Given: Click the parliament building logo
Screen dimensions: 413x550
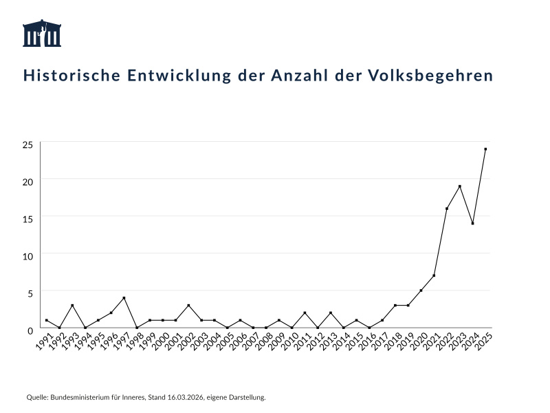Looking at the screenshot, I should tap(43, 33).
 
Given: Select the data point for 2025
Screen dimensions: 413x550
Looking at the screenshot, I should tap(485, 149).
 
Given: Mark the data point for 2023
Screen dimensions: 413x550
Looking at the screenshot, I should tap(459, 187).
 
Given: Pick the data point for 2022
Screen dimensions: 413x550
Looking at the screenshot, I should tap(447, 209).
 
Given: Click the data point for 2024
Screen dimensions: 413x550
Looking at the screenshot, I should tap(472, 224).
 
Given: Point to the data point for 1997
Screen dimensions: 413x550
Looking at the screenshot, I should tap(124, 298).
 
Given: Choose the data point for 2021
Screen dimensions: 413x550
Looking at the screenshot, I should tap(434, 275).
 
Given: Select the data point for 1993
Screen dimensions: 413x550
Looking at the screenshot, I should tap(72, 306).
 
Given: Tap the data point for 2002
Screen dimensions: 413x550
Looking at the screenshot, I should tap(188, 306).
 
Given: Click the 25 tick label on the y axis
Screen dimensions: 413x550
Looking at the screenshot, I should tap(27, 145).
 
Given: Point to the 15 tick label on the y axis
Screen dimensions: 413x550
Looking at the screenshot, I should tap(27, 220).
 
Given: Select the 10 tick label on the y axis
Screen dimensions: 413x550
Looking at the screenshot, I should tap(27, 257).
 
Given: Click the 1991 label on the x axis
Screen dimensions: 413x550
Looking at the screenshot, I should tap(42, 341).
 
